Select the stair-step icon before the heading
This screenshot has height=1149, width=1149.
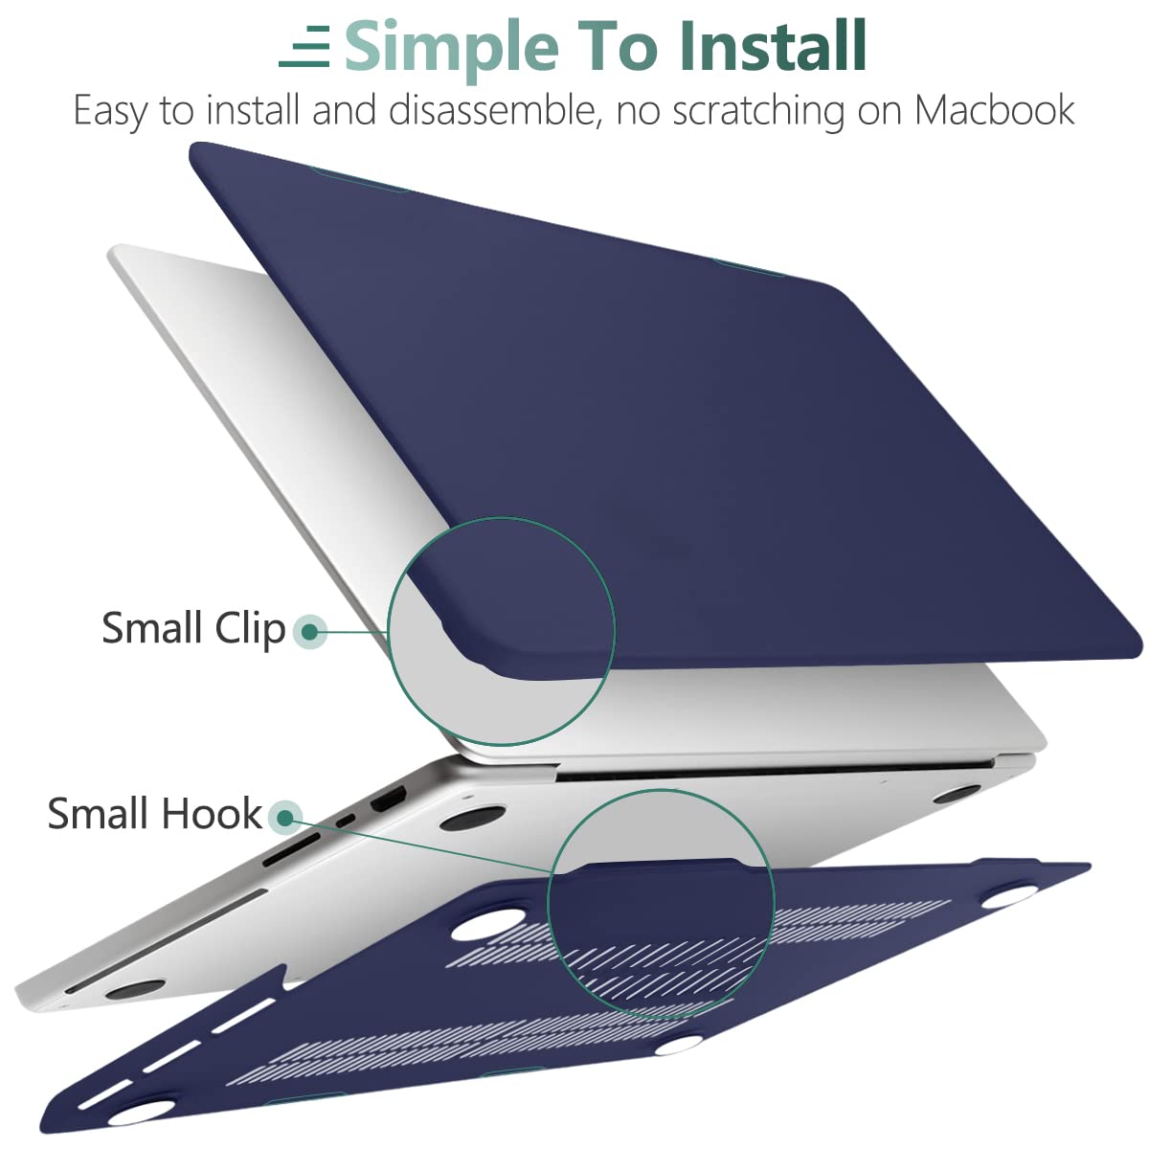tap(305, 47)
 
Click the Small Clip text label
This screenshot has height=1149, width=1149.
tap(193, 629)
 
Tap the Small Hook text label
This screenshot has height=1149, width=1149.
tap(154, 814)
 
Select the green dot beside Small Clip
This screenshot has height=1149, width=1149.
tap(309, 631)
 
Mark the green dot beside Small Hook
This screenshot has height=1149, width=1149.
tap(284, 818)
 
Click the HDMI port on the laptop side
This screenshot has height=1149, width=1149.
tap(389, 799)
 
